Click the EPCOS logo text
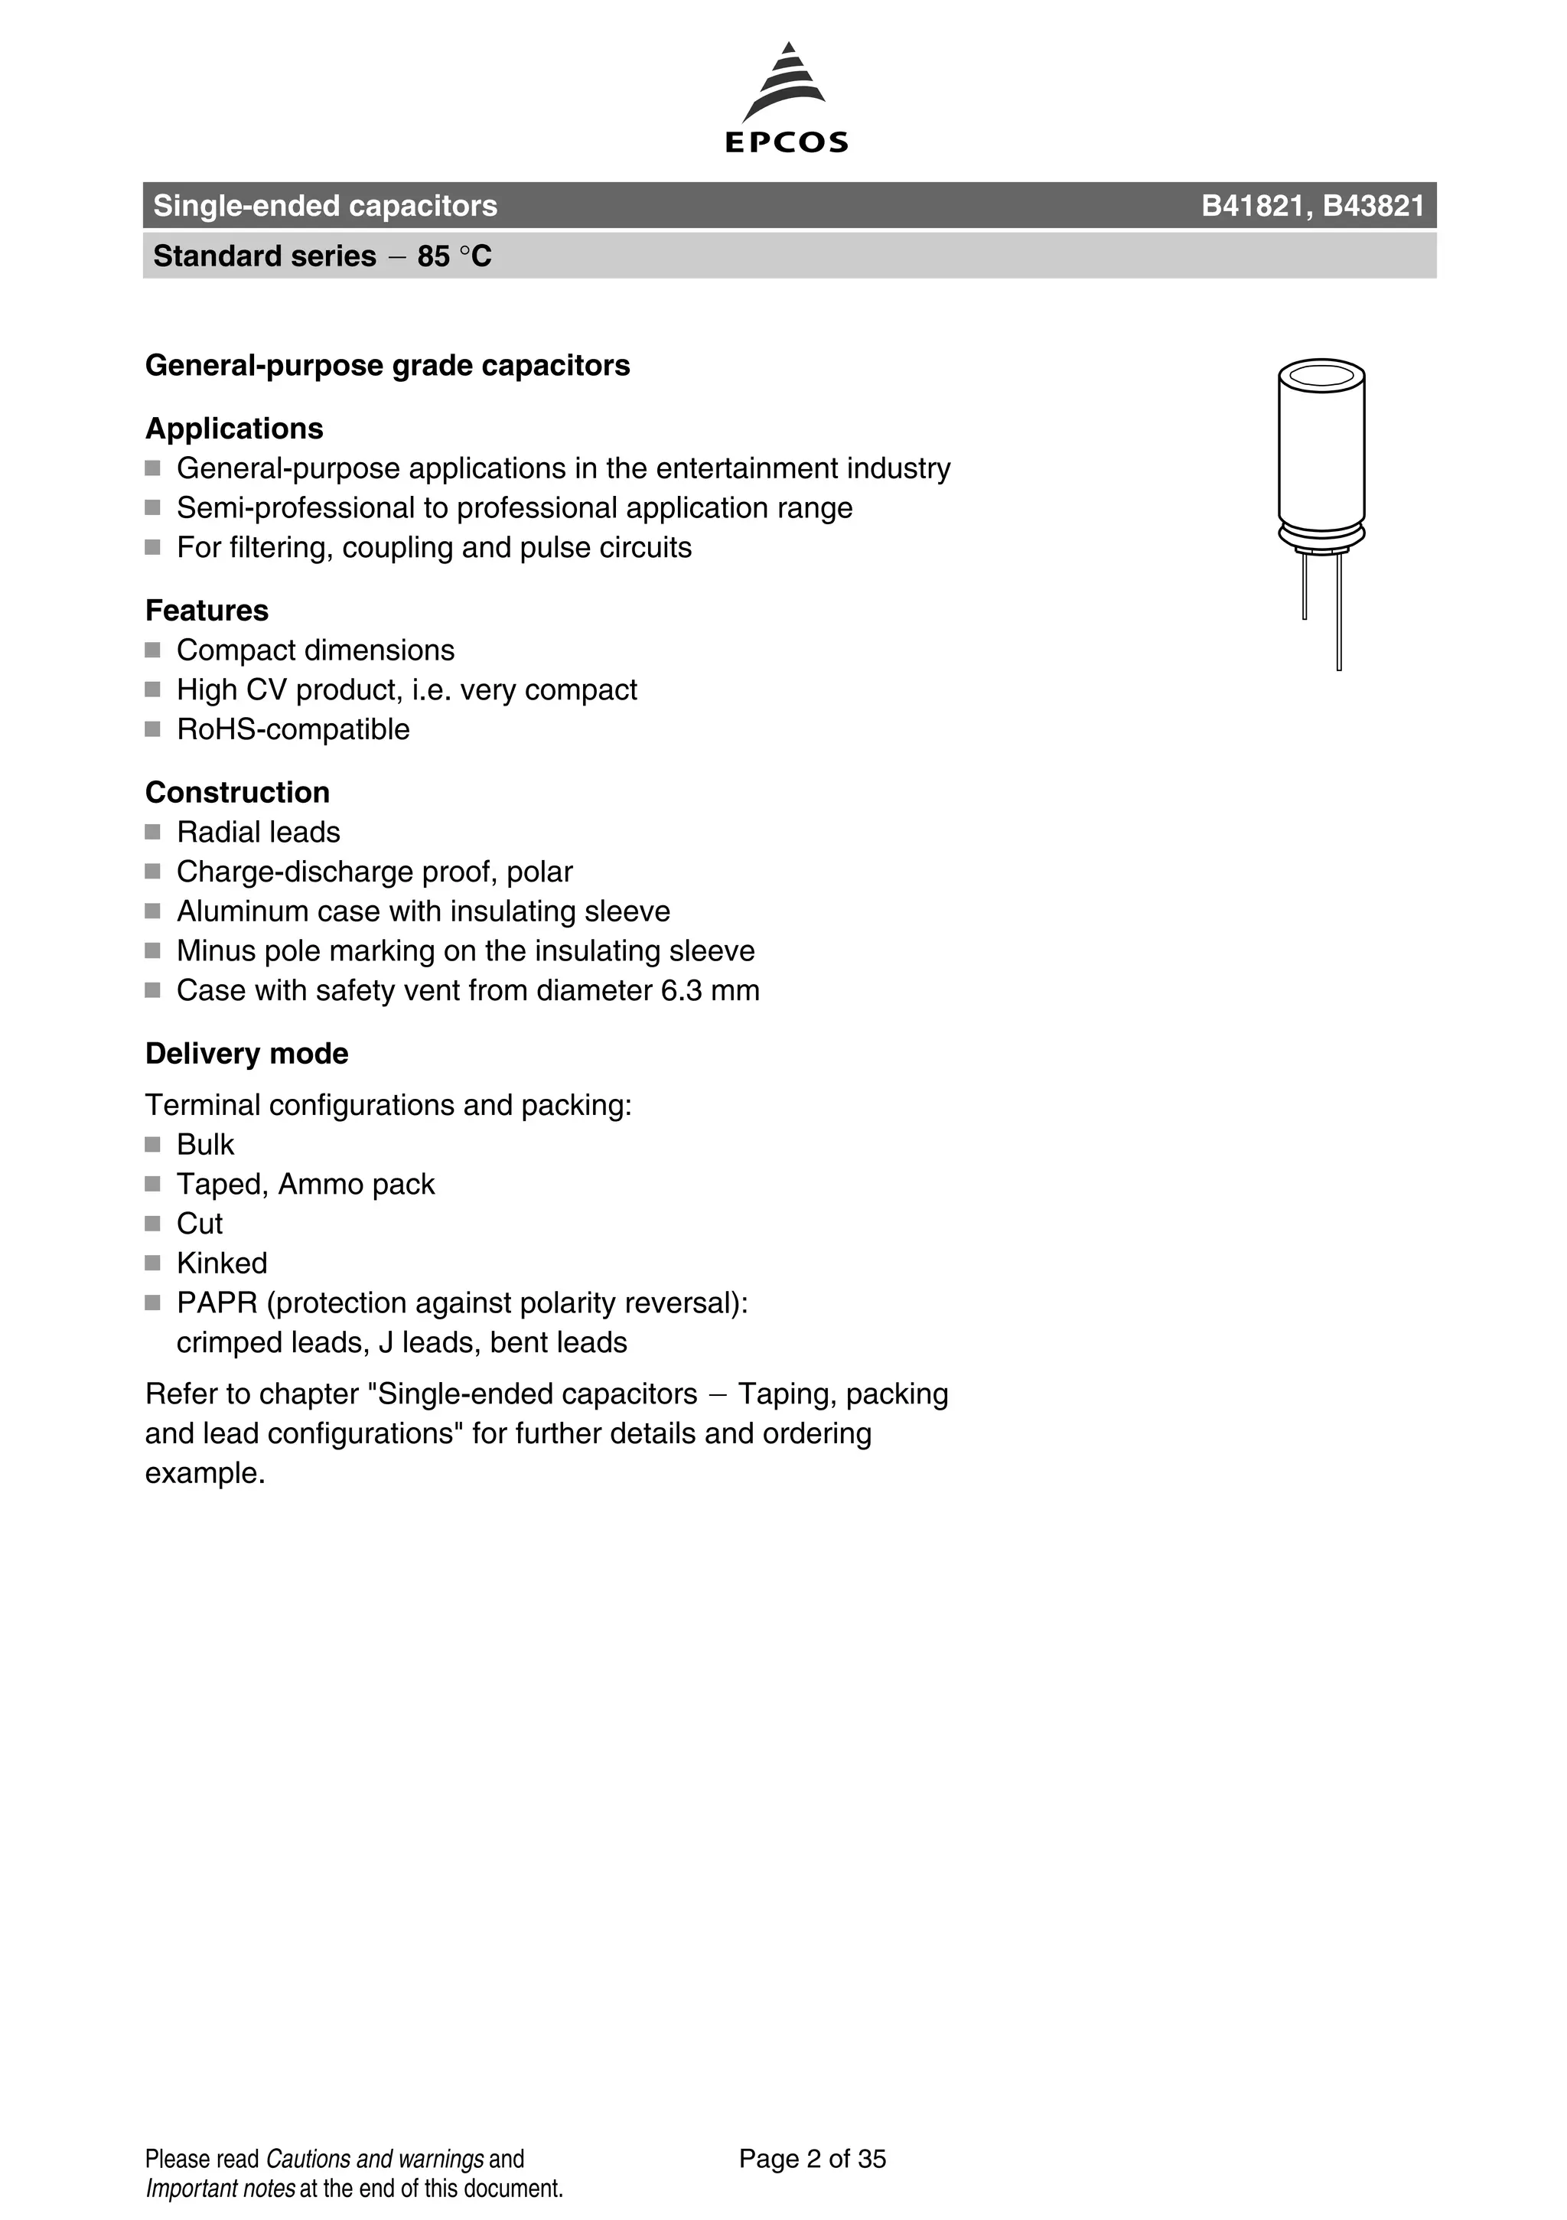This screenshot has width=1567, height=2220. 786,143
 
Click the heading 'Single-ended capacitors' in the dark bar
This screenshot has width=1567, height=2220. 325,206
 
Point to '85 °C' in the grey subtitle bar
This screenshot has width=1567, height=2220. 454,256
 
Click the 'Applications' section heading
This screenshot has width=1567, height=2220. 234,429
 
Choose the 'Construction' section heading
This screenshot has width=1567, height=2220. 237,792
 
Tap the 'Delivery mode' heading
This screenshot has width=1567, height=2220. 246,1053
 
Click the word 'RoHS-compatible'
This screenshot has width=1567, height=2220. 293,729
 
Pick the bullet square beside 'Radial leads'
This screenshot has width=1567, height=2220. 153,832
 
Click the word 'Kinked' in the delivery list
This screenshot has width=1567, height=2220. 221,1263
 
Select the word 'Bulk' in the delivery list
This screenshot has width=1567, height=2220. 205,1145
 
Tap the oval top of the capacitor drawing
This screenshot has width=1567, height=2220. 1321,375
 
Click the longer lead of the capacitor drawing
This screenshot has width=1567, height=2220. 1339,619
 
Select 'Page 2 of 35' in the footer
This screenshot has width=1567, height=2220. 812,2158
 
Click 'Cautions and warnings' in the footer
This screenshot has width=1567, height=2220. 374,2159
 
